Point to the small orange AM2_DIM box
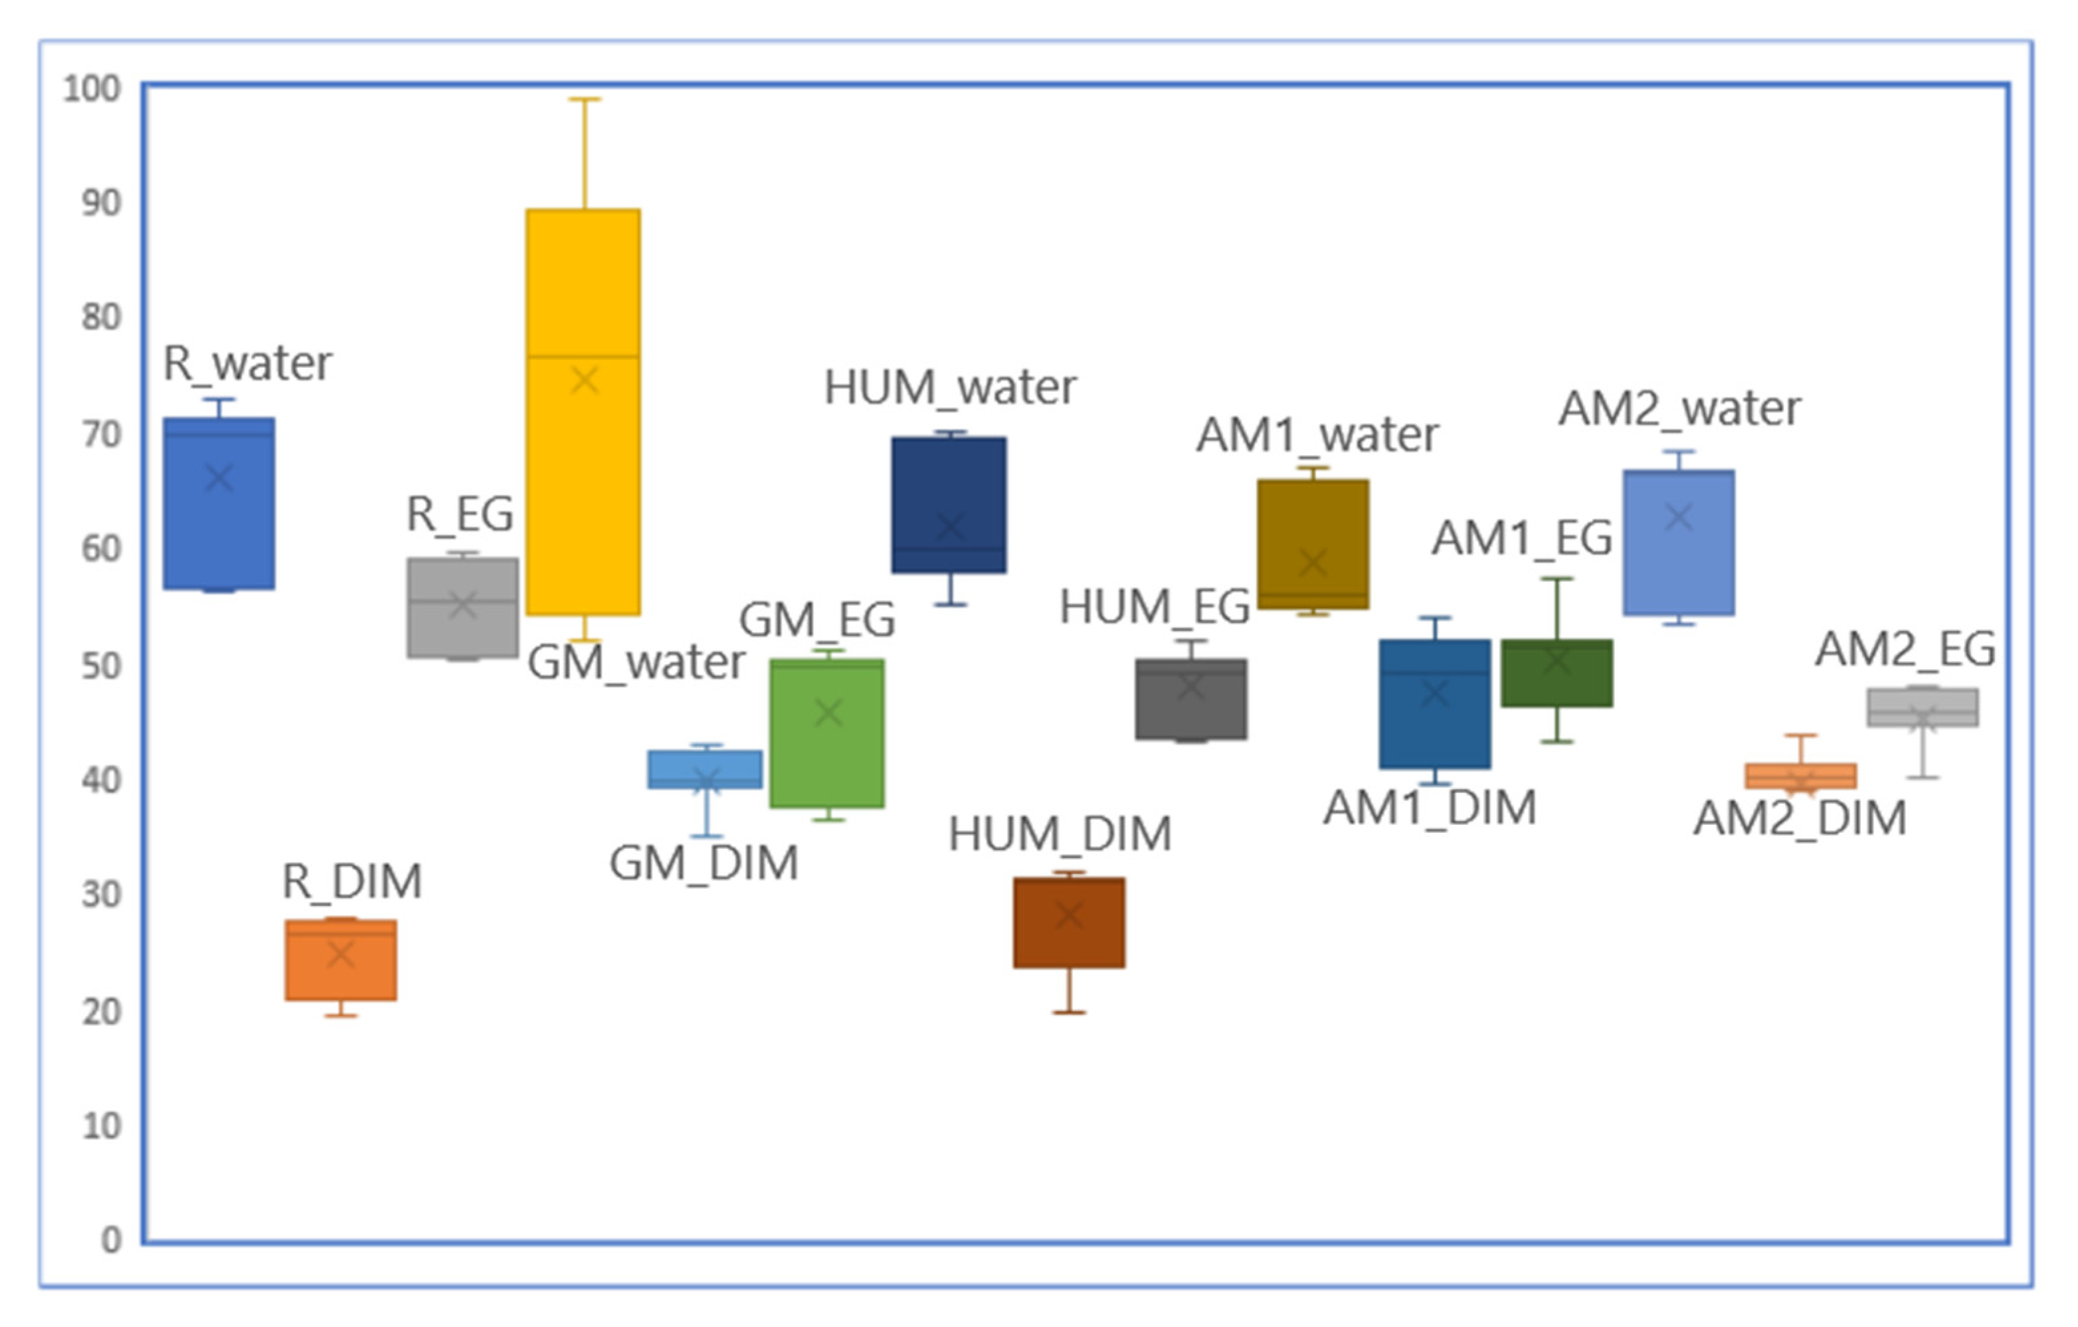[1800, 776]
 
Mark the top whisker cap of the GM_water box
[584, 99]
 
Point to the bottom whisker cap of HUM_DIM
[1069, 1012]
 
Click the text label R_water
[248, 363]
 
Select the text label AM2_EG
[1905, 649]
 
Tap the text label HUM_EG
[1155, 606]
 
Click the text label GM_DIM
[704, 863]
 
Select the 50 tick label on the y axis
[101, 665]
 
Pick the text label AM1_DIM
[1430, 808]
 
